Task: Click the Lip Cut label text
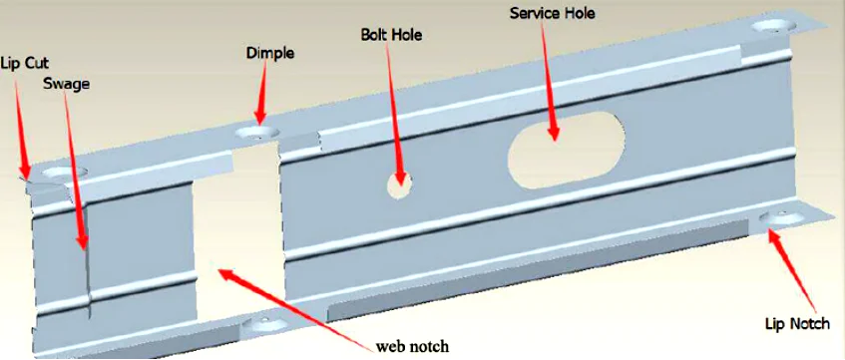(x=23, y=62)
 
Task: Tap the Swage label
(x=67, y=85)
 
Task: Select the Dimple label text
(x=269, y=53)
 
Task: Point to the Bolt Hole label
(x=391, y=35)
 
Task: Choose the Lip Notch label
(x=796, y=324)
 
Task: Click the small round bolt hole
(x=402, y=183)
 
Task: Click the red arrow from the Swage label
(x=76, y=170)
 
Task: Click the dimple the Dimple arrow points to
(x=258, y=132)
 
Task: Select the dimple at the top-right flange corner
(x=773, y=27)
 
